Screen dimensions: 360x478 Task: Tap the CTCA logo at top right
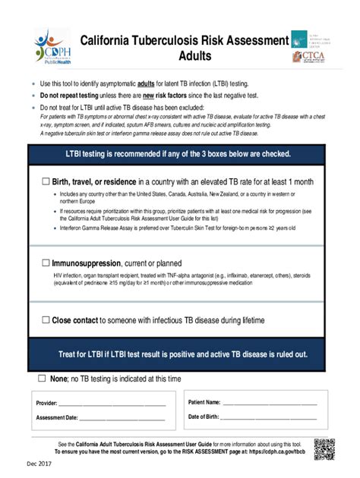point(311,55)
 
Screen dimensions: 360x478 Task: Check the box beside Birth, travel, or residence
point(46,182)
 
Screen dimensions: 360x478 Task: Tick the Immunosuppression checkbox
point(46,263)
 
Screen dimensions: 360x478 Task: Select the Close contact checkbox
point(46,320)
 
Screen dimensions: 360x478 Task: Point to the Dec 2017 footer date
point(20,463)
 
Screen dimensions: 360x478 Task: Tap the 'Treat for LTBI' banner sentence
point(183,354)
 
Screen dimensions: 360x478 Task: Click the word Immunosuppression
point(90,263)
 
